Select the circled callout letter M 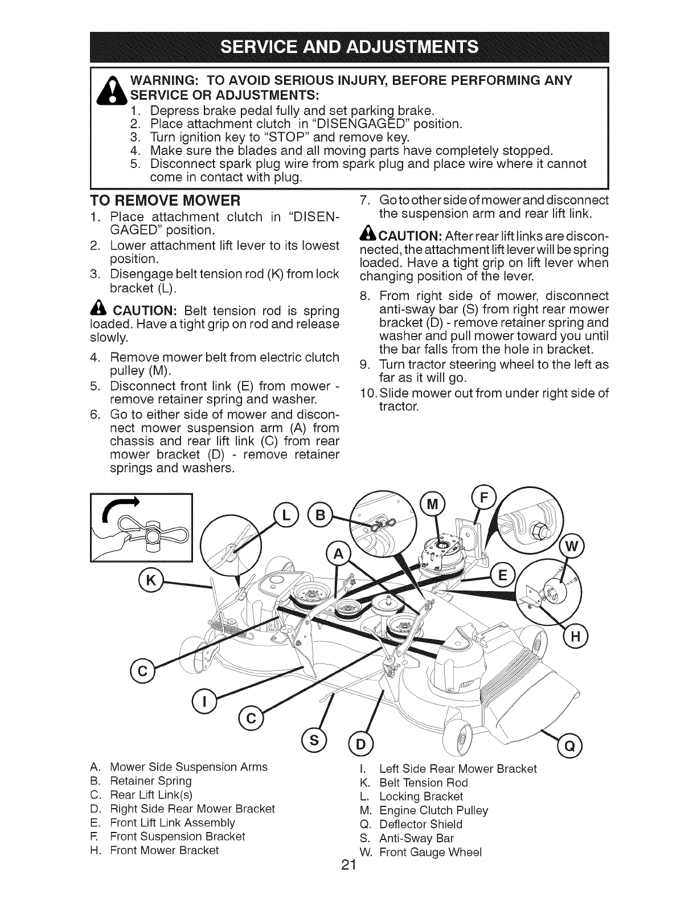(x=430, y=503)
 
